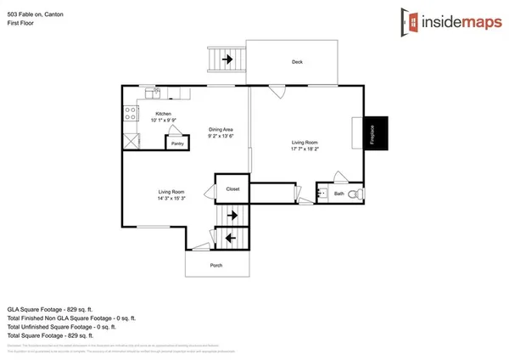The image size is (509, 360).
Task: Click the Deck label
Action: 297,62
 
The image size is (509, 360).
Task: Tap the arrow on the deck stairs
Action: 227,59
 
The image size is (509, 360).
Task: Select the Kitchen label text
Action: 163,114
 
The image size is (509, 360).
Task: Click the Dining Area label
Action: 221,129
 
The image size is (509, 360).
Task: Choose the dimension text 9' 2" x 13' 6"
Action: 221,136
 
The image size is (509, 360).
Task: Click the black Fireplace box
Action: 372,135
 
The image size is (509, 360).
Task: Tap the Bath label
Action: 338,194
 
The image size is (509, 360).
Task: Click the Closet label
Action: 232,188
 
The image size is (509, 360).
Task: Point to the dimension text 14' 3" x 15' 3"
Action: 171,199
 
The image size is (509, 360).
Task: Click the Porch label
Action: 217,265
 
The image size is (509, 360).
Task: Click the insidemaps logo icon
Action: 411,20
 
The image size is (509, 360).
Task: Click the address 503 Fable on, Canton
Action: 34,14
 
